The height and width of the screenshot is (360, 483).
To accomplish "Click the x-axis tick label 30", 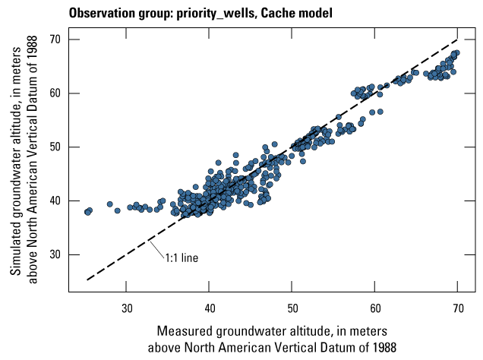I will [127, 308].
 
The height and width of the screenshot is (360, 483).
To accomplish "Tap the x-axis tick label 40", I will [210, 308].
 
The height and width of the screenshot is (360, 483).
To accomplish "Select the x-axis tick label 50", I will [292, 308].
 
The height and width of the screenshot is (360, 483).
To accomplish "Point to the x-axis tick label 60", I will [375, 308].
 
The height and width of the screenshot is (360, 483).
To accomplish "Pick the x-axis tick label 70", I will [458, 308].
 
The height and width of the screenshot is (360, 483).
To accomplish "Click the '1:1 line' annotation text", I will [182, 257].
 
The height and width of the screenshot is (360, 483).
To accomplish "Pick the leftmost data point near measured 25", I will [87, 212].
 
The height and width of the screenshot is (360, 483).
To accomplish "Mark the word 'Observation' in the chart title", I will [98, 13].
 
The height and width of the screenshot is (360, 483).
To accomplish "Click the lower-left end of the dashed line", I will [87, 280].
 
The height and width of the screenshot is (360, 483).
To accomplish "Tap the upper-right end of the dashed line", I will [458, 39].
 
